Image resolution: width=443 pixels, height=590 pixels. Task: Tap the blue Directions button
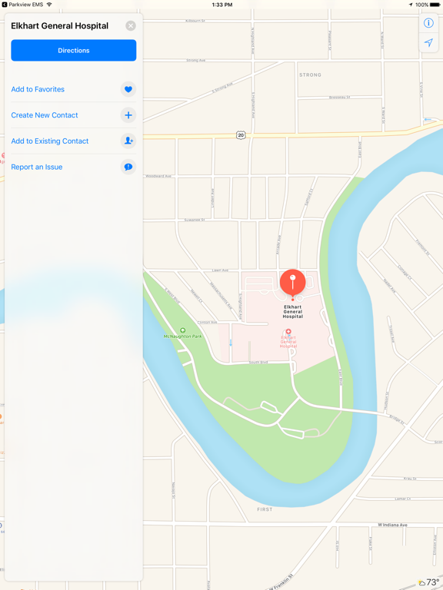point(74,51)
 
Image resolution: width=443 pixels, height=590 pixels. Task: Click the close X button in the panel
point(131,25)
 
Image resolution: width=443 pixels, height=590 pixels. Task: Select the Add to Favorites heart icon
point(128,90)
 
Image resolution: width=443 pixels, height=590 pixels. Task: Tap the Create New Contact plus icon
point(128,115)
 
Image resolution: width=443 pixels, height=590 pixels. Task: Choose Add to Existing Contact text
point(50,141)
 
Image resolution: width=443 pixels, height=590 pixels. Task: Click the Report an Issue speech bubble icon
point(128,167)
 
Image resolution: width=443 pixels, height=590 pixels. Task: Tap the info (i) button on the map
point(428,23)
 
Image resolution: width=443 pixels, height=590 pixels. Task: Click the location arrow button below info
point(428,43)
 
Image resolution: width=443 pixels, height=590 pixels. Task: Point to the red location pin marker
point(292,281)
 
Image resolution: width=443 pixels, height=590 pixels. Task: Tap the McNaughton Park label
point(182,336)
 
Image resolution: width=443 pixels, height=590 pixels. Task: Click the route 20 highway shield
point(241,135)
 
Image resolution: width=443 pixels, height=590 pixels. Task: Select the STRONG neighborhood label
point(310,75)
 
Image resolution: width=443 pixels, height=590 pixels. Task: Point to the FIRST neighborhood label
point(265,509)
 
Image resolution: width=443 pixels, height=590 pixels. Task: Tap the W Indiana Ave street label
point(391,525)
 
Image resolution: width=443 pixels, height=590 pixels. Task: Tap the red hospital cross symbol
point(288,332)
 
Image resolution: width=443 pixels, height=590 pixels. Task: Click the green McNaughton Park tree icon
point(182,330)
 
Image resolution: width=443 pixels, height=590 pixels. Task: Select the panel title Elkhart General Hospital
point(59,26)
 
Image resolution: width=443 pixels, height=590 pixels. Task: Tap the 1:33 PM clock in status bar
point(221,5)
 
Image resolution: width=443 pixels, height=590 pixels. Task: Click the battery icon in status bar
point(435,5)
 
